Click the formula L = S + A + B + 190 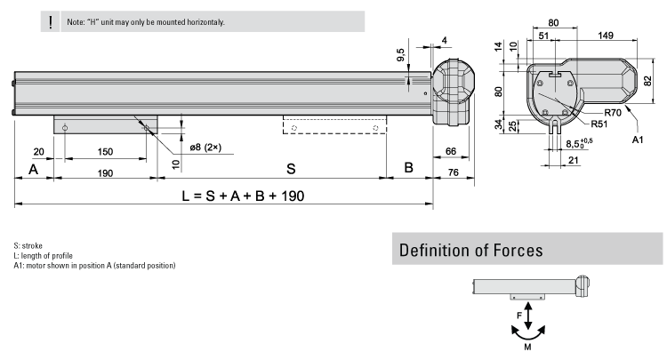coord(243,196)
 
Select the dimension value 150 coord(105,150)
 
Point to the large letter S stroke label coord(290,167)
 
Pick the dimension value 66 coord(451,150)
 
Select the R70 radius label coord(612,113)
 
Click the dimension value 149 coord(605,36)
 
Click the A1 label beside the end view coord(637,140)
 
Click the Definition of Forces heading coord(471,250)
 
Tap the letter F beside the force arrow coord(519,314)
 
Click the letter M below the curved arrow coord(528,348)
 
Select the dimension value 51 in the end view coord(543,36)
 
